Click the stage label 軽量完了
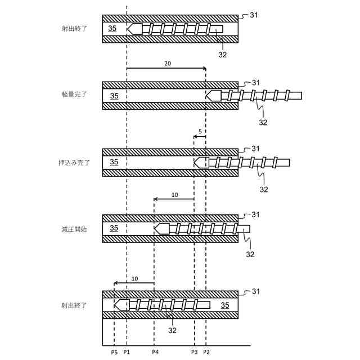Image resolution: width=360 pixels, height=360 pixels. pos(74,94)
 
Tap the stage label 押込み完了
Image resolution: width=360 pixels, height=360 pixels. pos(74,162)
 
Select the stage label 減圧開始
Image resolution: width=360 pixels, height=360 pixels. pos(74,229)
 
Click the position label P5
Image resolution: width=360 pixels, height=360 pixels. pos(114,352)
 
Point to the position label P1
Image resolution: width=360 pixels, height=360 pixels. pos(127,352)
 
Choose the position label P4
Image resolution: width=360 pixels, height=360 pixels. pos(155,352)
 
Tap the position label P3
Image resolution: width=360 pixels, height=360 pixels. pos(194,352)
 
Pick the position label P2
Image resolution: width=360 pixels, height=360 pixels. pos(206,352)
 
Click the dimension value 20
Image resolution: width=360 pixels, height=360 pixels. pos(168,64)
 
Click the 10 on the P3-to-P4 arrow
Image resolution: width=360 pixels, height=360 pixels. pos(174,195)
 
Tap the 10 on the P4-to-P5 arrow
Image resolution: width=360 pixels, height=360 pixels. pos(134,279)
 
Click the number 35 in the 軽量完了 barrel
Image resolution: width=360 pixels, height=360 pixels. pos(114,96)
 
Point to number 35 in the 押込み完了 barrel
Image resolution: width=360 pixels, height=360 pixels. pos(114,162)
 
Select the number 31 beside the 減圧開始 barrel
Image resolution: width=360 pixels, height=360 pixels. pos(255,215)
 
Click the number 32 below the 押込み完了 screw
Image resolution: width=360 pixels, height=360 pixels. pos(264,190)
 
